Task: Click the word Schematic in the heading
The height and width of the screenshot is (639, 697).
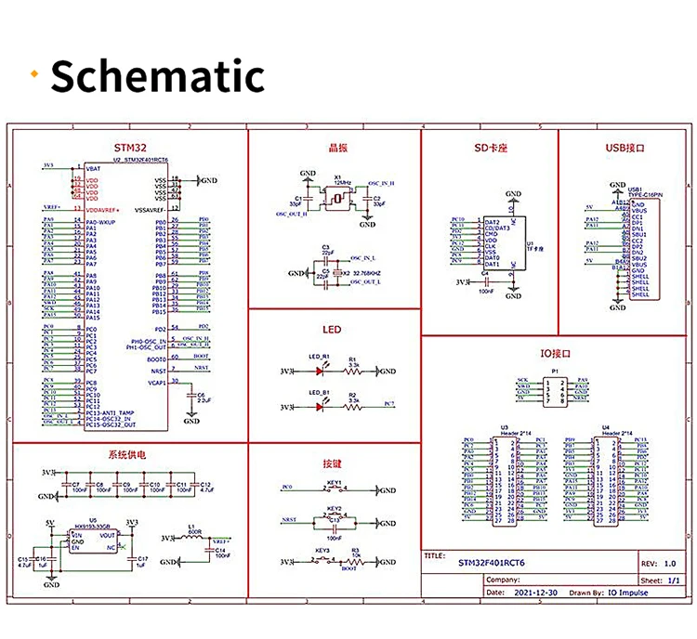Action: [x=157, y=75]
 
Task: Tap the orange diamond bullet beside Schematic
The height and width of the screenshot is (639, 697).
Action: [x=35, y=75]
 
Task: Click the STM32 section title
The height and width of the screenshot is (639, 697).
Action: [x=129, y=148]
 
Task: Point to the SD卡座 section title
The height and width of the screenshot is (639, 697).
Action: [x=489, y=148]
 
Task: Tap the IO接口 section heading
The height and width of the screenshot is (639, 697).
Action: [x=554, y=354]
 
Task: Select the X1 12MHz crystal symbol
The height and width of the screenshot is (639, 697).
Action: [x=338, y=198]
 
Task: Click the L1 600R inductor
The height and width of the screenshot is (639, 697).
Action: [x=194, y=538]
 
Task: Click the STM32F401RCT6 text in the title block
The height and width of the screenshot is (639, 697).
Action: [x=492, y=562]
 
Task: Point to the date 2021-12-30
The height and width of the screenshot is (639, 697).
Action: [x=535, y=591]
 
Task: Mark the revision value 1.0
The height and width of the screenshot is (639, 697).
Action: [x=668, y=563]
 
